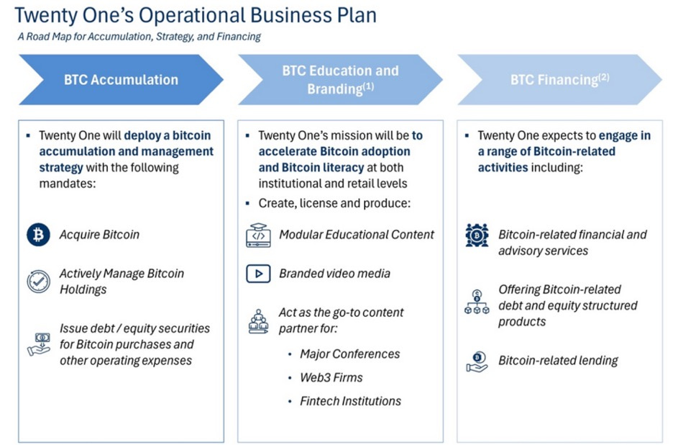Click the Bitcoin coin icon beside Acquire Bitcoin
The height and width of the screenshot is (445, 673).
pyautogui.click(x=38, y=235)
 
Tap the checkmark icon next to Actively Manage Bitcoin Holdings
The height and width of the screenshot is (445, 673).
pyautogui.click(x=38, y=282)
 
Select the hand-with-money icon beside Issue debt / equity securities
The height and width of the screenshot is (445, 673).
pyautogui.click(x=38, y=343)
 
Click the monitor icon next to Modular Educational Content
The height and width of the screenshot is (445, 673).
pyautogui.click(x=257, y=235)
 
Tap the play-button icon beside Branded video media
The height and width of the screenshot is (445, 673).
pyautogui.click(x=257, y=274)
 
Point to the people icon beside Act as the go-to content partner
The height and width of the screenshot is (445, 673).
pyautogui.click(x=257, y=321)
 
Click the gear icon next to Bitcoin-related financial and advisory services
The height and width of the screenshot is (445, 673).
pyautogui.click(x=477, y=235)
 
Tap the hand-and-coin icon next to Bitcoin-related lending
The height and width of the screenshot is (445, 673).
pyautogui.click(x=477, y=361)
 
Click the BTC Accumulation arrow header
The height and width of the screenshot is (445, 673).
pyautogui.click(x=121, y=79)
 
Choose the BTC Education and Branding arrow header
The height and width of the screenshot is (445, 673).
pyautogui.click(x=340, y=79)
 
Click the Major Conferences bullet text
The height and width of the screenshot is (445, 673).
pyautogui.click(x=350, y=354)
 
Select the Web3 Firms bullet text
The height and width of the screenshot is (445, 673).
pyautogui.click(x=331, y=378)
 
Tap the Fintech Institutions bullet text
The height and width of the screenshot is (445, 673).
pyautogui.click(x=351, y=401)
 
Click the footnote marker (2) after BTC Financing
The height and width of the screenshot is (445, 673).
pyautogui.click(x=603, y=76)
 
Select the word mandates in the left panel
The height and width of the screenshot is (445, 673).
pyautogui.click(x=66, y=184)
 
